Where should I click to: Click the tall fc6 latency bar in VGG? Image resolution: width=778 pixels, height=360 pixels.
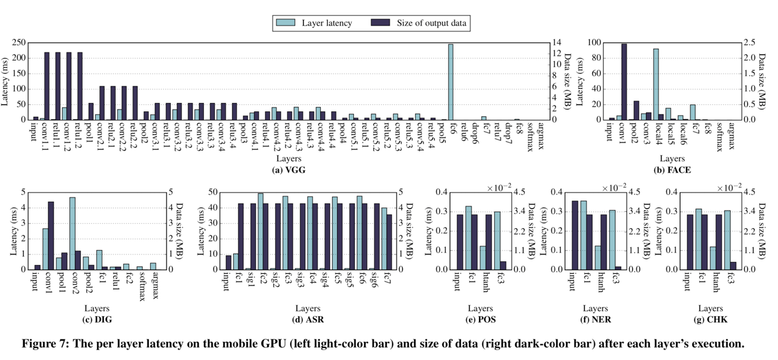(450, 81)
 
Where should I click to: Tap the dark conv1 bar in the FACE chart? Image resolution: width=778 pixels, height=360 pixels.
(624, 81)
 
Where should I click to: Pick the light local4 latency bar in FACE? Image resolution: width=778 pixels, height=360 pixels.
(655, 84)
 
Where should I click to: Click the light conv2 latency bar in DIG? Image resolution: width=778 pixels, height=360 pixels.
(73, 233)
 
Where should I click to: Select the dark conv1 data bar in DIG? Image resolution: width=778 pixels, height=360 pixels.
(51, 236)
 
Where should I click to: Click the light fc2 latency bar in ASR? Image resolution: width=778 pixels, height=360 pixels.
(261, 231)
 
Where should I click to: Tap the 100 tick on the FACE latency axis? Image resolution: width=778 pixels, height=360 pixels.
(594, 42)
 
